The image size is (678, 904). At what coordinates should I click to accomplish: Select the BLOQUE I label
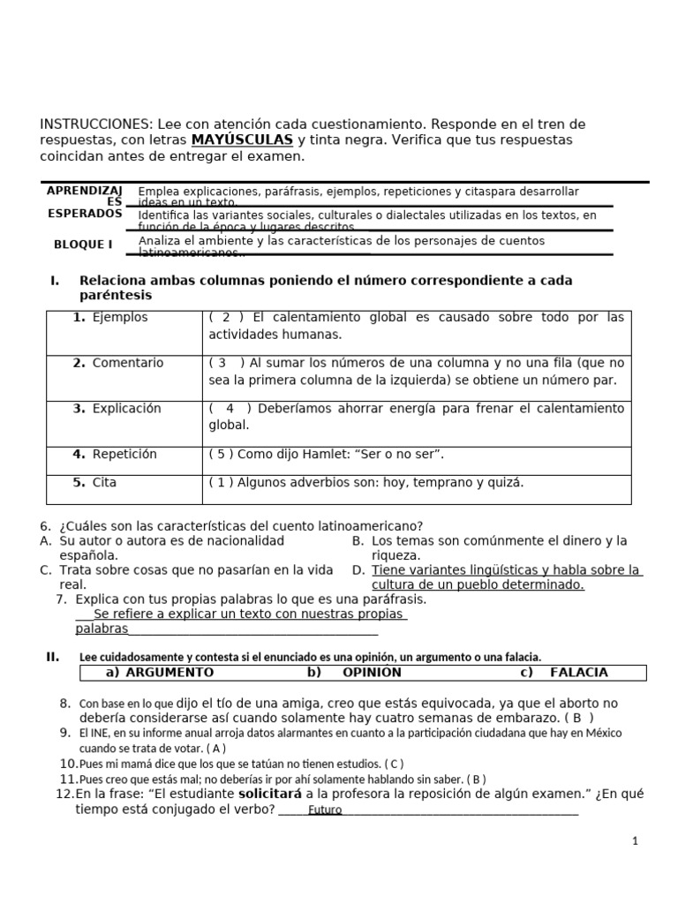pos(83,244)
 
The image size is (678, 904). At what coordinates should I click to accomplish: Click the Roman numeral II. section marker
pos(52,657)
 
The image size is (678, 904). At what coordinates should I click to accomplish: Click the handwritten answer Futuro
pos(325,810)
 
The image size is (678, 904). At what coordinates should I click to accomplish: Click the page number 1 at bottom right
pos(635,841)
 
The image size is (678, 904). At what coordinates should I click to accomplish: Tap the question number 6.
pos(45,525)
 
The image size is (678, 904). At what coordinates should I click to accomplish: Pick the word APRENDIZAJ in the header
pos(84,190)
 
